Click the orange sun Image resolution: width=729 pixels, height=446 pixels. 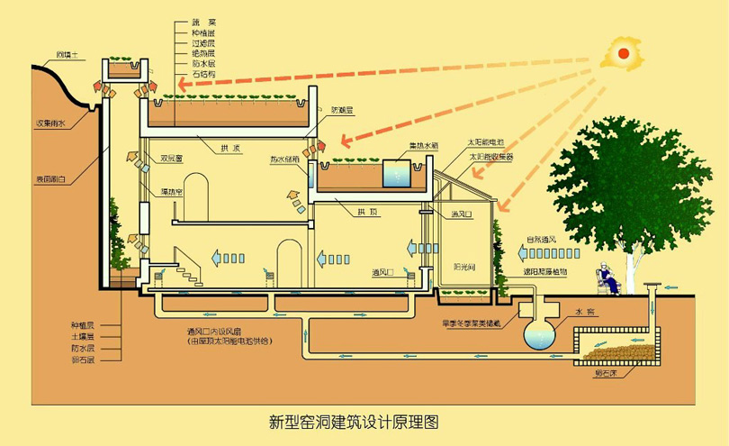pos(620,53)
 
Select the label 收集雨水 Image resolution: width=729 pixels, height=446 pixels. pos(50,123)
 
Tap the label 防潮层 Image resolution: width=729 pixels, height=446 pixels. pos(343,110)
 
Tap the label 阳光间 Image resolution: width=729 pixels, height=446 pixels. pos(466,267)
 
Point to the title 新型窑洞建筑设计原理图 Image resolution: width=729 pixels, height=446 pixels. pos(355,421)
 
